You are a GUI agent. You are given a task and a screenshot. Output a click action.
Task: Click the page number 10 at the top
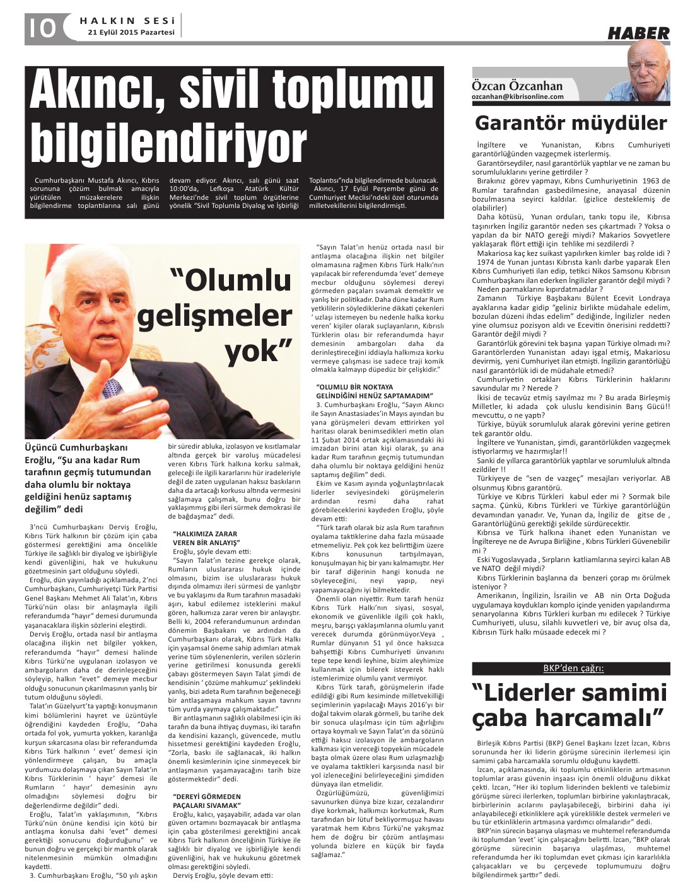42,27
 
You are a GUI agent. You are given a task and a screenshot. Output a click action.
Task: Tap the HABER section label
638,33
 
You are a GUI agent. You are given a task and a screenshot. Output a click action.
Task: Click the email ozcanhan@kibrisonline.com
518,96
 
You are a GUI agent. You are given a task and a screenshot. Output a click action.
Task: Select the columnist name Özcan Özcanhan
517,86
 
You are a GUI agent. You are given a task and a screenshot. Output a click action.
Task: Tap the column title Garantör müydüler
571,122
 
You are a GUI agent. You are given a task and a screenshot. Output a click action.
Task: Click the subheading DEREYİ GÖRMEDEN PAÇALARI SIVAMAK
207,800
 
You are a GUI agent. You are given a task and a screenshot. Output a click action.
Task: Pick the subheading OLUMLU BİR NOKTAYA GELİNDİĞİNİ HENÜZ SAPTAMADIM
375,391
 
